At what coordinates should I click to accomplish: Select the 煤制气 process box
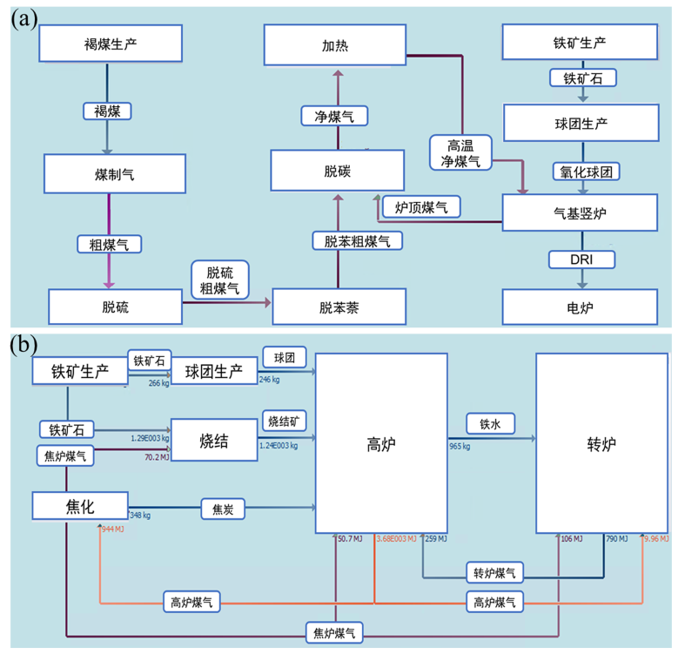pos(115,174)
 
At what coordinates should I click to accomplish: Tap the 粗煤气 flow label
pos(109,244)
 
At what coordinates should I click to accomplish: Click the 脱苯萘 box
pos(339,307)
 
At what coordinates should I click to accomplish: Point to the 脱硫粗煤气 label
pos(220,279)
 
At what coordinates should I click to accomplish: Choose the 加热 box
pos(335,45)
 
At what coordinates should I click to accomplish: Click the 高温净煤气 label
pos(461,152)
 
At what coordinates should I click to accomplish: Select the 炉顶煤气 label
pos(421,206)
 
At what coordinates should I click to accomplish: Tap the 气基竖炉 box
pos(580,212)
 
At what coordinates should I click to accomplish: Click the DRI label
pos(581,259)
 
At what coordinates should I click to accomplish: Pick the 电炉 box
pos(580,307)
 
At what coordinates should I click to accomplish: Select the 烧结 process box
pos(214,440)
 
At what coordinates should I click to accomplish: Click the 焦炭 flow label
pos(223,508)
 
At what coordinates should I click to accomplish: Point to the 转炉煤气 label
pos(494,572)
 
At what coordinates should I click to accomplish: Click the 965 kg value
pos(460,447)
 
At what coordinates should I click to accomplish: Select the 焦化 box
pos(80,506)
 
